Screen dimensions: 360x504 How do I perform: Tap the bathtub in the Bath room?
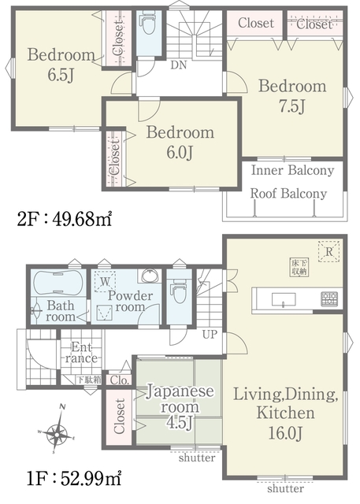(x=58, y=283)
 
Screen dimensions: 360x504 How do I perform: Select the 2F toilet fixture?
(x=148, y=24)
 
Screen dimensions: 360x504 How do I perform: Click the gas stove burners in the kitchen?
(x=328, y=298)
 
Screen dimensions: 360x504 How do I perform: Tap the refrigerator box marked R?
(x=328, y=251)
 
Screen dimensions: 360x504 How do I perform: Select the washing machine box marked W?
(x=105, y=282)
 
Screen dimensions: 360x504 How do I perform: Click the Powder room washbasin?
(x=149, y=276)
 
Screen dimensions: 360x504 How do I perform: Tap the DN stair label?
(x=178, y=65)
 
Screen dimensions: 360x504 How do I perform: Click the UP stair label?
(x=210, y=335)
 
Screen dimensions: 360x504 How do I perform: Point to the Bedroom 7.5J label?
(x=292, y=96)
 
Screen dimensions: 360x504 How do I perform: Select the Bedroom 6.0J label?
(x=180, y=143)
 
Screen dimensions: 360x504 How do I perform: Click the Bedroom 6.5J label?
(x=61, y=65)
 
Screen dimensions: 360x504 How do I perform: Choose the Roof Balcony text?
(x=288, y=194)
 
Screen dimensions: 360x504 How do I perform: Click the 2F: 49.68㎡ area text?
(x=65, y=220)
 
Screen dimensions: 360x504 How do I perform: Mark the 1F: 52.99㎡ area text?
(x=74, y=479)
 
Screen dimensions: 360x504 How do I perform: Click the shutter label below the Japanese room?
(x=197, y=457)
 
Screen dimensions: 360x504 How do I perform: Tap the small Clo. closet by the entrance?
(x=119, y=380)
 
